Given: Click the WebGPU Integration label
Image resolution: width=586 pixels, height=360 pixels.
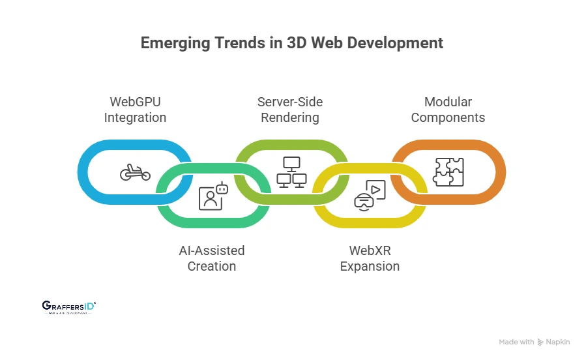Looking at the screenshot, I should (x=136, y=110).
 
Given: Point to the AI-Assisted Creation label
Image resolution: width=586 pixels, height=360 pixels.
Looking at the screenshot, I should (x=212, y=258).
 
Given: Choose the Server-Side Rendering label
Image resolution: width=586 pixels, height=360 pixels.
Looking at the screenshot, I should (x=290, y=110).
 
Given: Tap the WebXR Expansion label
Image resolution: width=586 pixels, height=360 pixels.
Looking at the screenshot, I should (x=370, y=258).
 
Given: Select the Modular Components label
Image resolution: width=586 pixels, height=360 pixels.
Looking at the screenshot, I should (x=448, y=110).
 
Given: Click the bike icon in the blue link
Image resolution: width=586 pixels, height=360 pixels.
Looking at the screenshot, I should (x=135, y=172).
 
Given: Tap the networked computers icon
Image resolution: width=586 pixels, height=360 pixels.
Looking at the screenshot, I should (x=291, y=172).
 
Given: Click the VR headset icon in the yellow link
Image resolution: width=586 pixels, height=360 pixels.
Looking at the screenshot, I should (x=370, y=194).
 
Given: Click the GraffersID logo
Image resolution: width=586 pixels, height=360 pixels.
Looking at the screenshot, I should (x=68, y=307).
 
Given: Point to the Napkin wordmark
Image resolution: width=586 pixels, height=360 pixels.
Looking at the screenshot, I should (x=557, y=342).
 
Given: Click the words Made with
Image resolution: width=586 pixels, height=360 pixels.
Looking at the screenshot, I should (x=516, y=342).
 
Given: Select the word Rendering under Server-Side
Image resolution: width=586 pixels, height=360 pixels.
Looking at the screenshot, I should (x=290, y=118).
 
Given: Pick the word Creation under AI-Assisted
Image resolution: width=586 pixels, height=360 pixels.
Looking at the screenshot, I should (x=212, y=266).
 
